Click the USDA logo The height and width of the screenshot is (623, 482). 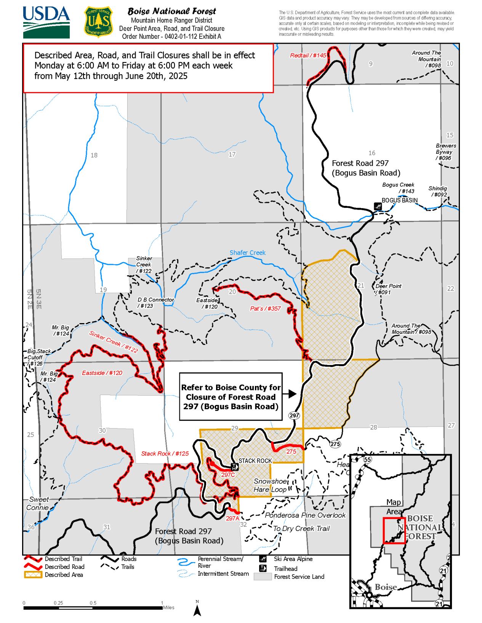pos(46,22)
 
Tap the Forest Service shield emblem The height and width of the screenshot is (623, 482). pos(98,22)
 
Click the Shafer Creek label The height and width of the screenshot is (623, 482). pos(247,253)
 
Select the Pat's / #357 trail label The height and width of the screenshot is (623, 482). pos(265,309)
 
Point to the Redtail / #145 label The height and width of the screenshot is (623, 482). pos(308,56)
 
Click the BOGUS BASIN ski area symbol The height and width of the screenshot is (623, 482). pos(378,206)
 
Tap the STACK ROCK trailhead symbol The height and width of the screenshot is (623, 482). pos(235,467)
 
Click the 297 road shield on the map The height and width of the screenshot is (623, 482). pos(294,415)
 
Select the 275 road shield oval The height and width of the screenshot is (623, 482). pos(335,444)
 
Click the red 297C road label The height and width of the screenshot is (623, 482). pos(228,475)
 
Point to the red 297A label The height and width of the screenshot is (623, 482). pos(232,518)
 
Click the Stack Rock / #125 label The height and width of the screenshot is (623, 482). pos(165,454)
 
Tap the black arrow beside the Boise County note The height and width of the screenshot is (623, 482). pos(291,394)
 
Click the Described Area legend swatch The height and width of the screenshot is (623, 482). pos(33,575)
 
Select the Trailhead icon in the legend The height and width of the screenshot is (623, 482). pos(263,569)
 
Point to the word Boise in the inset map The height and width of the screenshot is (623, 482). pos(386,587)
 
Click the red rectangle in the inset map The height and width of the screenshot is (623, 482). pos(394,531)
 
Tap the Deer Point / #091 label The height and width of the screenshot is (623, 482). pos(388,289)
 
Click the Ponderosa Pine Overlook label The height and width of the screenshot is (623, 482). pos(305,515)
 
